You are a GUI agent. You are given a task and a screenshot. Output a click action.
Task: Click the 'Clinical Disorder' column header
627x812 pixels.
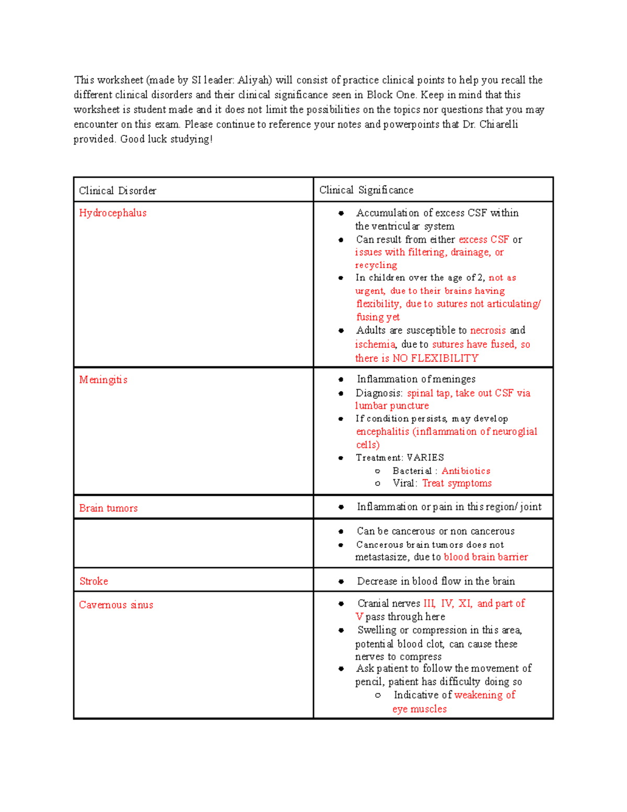118,191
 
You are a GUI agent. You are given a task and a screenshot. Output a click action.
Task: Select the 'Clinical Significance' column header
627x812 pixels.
366,190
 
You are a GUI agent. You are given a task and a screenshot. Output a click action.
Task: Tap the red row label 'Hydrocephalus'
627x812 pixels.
113,213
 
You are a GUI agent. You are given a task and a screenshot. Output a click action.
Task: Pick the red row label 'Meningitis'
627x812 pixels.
103,380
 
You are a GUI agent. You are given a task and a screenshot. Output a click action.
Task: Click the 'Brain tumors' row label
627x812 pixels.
109,508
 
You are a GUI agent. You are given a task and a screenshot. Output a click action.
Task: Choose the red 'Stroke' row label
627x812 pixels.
94,581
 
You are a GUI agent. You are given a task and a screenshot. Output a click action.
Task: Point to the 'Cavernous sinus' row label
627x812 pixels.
117,605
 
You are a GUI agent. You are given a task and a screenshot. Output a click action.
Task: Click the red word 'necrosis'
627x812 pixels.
488,330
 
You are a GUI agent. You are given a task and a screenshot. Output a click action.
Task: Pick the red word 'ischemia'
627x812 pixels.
375,345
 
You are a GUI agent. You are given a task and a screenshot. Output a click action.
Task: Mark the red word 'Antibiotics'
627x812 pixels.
466,471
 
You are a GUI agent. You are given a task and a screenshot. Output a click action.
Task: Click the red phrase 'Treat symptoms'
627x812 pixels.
457,484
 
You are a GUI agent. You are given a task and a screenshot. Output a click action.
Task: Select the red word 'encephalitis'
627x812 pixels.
382,432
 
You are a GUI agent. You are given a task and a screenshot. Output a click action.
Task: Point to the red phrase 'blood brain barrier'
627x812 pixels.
486,557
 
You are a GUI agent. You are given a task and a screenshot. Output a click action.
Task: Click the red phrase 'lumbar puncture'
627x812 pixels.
392,406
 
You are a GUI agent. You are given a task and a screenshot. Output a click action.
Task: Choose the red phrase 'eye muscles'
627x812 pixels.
420,710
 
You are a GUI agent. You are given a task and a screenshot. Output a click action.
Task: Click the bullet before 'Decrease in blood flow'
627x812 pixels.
341,581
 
